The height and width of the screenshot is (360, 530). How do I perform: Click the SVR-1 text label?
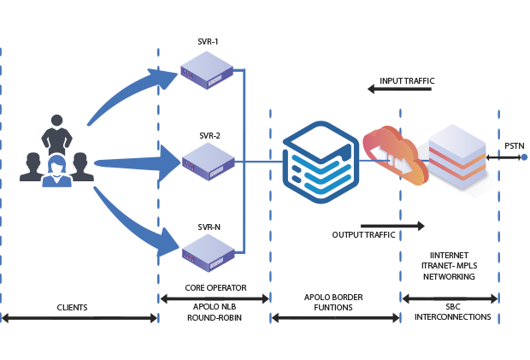(x=209, y=42)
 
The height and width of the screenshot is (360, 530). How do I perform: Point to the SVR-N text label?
(x=209, y=227)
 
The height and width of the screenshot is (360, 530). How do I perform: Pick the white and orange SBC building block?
(x=460, y=158)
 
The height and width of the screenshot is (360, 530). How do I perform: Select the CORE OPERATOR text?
(x=215, y=288)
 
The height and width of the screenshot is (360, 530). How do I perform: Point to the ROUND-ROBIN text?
(x=215, y=317)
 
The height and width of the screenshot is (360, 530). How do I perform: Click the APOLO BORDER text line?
(x=334, y=298)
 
